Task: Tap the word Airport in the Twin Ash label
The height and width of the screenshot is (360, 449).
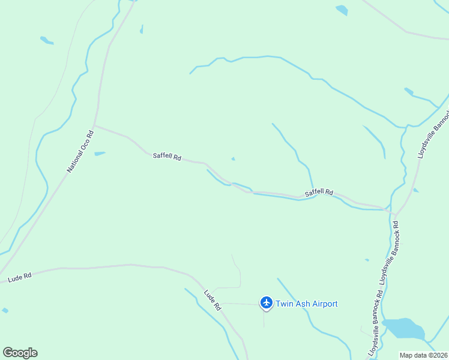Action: pyautogui.click(x=321, y=304)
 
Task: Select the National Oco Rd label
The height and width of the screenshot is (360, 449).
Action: pyautogui.click(x=80, y=151)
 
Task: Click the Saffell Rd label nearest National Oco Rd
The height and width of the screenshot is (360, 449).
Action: pyautogui.click(x=167, y=157)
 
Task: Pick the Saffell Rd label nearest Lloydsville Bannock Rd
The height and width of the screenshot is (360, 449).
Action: pyautogui.click(x=319, y=193)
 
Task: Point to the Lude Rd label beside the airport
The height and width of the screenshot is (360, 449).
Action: pyautogui.click(x=212, y=300)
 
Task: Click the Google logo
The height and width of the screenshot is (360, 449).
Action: pyautogui.click(x=20, y=353)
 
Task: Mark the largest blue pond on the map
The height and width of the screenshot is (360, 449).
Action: pyautogui.click(x=403, y=328)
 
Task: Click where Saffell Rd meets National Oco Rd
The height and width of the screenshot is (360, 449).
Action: pyautogui.click(x=95, y=126)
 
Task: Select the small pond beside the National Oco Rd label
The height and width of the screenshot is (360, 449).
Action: pyautogui.click(x=100, y=154)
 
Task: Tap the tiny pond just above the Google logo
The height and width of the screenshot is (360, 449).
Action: pyautogui.click(x=5, y=310)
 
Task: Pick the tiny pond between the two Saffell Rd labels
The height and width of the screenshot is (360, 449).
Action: pyautogui.click(x=233, y=159)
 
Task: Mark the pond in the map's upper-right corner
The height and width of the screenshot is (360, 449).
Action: pyautogui.click(x=342, y=10)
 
